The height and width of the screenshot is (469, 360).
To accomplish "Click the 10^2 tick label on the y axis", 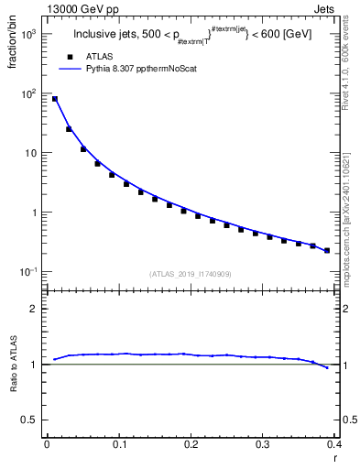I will pos(27,93).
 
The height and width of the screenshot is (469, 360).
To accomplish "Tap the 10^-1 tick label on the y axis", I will pos(27,272).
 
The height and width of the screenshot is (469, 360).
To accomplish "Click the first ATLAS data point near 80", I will pos(55,99).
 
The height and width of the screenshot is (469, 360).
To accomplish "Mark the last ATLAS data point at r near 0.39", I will pos(327,250).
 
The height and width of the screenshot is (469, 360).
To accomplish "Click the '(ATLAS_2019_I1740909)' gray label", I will pos(191,274).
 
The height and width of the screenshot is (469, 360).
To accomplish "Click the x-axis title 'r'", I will pos(334,457).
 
